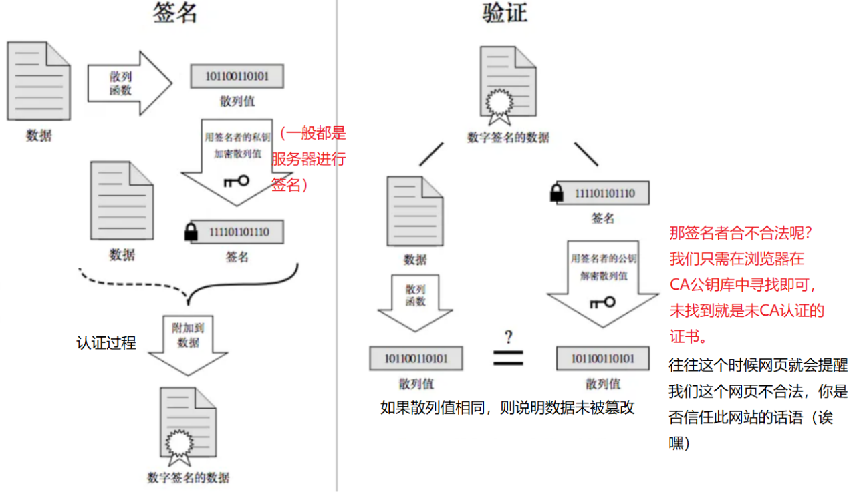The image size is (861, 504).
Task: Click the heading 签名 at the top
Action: (x=175, y=13)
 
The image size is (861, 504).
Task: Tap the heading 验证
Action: (x=505, y=13)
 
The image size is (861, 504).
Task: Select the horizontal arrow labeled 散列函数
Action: (x=129, y=83)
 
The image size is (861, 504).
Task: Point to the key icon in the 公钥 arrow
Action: (x=602, y=302)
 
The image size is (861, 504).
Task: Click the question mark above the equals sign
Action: (x=508, y=336)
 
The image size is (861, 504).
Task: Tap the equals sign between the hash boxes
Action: (x=508, y=358)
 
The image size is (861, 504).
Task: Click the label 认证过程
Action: (x=106, y=343)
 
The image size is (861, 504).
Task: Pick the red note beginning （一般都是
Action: (x=309, y=159)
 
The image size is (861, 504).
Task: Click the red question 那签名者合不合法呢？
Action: (x=739, y=234)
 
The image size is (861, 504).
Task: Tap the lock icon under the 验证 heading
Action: (x=556, y=194)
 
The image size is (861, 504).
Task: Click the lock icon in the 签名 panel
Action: (x=191, y=232)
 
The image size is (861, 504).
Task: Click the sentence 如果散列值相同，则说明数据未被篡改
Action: (x=507, y=407)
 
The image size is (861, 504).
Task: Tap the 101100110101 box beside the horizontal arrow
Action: (x=236, y=76)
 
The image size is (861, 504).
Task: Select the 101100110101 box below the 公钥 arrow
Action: (x=602, y=358)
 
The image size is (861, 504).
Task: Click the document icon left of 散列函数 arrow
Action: (x=38, y=81)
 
